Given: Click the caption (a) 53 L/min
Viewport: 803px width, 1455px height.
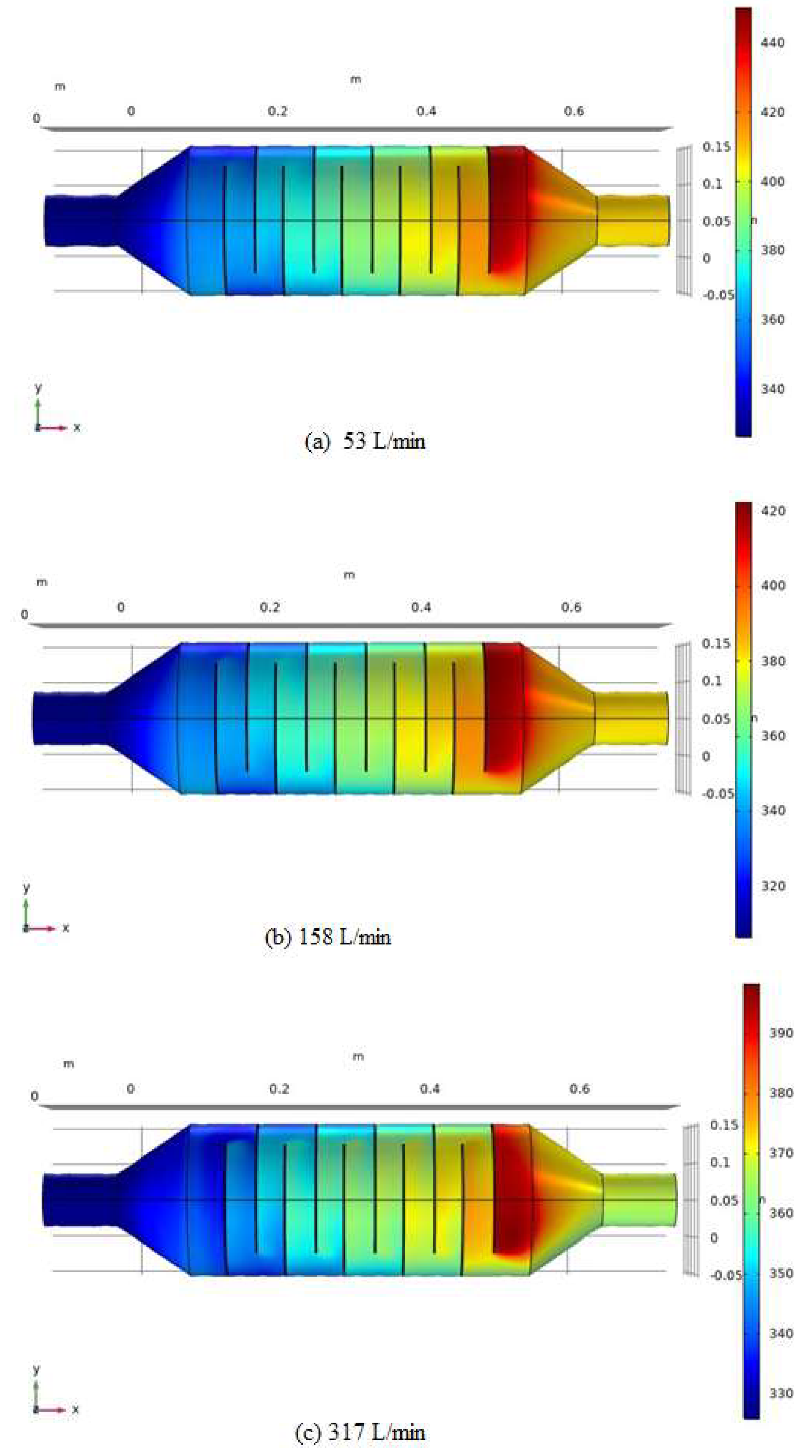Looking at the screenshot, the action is (364, 441).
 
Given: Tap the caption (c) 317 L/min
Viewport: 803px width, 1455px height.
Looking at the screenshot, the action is (360, 1432).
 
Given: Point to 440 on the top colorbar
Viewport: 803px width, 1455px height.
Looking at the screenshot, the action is (772, 42).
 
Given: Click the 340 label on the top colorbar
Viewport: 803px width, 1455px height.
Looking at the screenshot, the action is (772, 389).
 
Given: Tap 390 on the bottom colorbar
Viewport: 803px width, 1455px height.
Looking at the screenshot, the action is (781, 1033).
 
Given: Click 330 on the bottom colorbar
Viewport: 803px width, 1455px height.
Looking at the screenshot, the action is (781, 1393).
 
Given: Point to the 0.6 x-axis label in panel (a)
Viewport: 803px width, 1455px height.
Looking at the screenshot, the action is (574, 111).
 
